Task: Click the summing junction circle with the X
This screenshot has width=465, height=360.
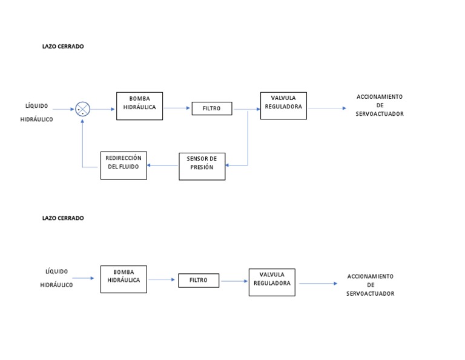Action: [83, 109]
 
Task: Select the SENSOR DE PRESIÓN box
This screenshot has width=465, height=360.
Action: [202, 166]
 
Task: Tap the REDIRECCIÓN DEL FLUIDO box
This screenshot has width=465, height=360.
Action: [124, 165]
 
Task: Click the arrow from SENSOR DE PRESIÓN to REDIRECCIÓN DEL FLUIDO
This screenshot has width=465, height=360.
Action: [163, 165]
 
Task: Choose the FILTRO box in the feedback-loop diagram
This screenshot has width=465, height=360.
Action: [211, 109]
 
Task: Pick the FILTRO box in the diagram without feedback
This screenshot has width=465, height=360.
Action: [199, 281]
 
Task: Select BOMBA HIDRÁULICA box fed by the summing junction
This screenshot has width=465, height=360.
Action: [139, 106]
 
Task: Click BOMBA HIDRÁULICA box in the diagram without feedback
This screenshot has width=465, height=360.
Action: [124, 279]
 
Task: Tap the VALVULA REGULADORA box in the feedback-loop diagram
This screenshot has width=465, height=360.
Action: [283, 105]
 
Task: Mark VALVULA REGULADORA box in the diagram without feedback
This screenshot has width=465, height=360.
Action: [272, 282]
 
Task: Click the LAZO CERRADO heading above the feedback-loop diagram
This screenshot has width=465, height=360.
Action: [63, 46]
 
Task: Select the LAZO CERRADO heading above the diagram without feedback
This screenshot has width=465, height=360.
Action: [63, 218]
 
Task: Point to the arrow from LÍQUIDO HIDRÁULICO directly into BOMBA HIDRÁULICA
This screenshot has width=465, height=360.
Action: [84, 278]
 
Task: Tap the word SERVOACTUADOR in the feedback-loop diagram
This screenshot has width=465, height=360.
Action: [380, 114]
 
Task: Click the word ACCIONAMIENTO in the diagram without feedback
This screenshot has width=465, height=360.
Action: [370, 276]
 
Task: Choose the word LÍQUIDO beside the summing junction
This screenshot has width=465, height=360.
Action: [37, 106]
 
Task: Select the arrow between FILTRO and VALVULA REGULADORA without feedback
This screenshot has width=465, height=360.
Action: [234, 281]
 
